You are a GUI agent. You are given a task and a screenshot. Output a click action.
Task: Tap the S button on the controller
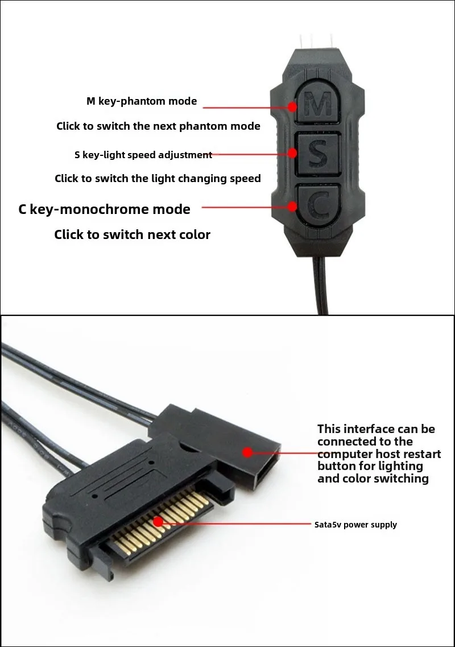point(317,154)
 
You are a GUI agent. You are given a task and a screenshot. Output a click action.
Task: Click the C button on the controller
point(317,205)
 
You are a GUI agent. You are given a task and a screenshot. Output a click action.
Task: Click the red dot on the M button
point(292,106)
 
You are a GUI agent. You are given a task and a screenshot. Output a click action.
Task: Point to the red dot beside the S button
point(292,153)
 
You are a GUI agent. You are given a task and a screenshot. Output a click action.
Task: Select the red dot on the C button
point(292,206)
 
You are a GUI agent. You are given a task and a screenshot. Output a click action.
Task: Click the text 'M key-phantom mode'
point(142,101)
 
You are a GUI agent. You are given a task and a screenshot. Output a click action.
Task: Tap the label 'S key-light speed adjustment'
point(143,155)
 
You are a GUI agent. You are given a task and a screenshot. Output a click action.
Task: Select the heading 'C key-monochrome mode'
point(104,209)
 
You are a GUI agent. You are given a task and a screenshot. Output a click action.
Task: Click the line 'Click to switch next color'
point(132,234)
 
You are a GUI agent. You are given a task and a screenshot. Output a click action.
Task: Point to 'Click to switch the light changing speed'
point(158,178)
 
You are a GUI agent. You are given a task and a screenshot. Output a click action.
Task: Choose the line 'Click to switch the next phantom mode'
point(158,126)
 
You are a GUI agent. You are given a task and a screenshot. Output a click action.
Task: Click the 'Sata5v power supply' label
point(355,525)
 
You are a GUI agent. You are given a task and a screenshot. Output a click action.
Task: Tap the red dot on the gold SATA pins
point(158,522)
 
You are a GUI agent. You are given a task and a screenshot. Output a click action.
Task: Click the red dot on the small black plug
point(247,452)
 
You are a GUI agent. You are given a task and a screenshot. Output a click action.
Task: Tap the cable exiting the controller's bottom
point(321,285)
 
